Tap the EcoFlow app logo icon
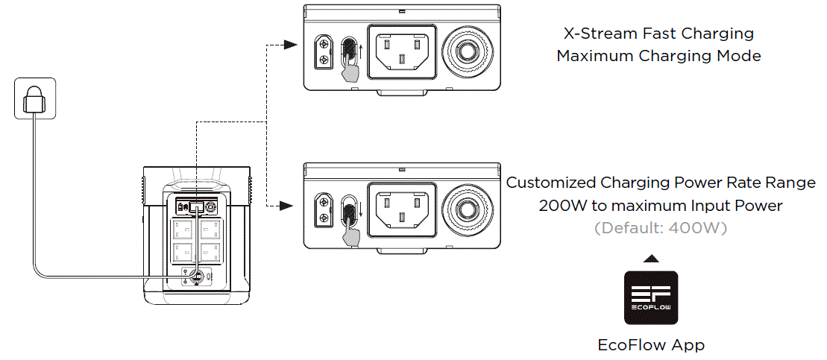(650, 297)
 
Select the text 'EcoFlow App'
(650, 344)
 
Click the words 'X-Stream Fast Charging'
(658, 34)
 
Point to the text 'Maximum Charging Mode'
(658, 56)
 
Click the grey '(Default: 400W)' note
(660, 228)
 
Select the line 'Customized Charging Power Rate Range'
(661, 183)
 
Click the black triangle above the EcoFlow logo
(650, 258)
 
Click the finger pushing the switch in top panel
(348, 72)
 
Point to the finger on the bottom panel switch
(348, 230)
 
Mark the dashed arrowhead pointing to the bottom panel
(284, 203)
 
